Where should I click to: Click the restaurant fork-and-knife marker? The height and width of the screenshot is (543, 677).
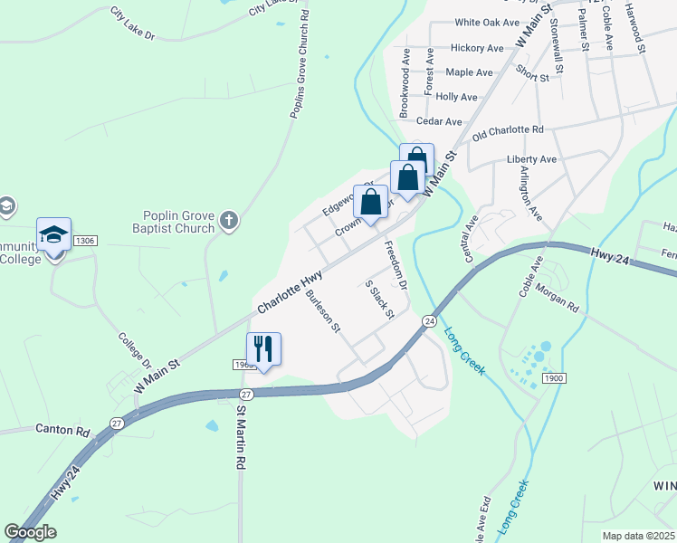264,348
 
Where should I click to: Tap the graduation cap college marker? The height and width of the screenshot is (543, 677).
54,235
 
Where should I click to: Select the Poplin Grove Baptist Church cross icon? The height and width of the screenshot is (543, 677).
229,219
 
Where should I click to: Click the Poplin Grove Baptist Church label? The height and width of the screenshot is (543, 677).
179,222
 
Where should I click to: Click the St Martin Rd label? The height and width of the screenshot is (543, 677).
241,436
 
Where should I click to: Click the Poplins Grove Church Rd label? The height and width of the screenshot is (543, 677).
300,63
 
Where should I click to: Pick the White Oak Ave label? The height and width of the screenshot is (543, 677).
487,23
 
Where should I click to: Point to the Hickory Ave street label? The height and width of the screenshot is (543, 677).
476,48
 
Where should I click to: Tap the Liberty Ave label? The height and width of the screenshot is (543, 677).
538,159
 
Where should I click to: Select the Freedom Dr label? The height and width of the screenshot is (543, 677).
396,265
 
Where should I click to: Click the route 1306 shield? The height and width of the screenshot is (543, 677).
85,241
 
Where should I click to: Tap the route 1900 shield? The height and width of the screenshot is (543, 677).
554,375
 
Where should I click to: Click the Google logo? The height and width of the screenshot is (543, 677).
30,532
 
